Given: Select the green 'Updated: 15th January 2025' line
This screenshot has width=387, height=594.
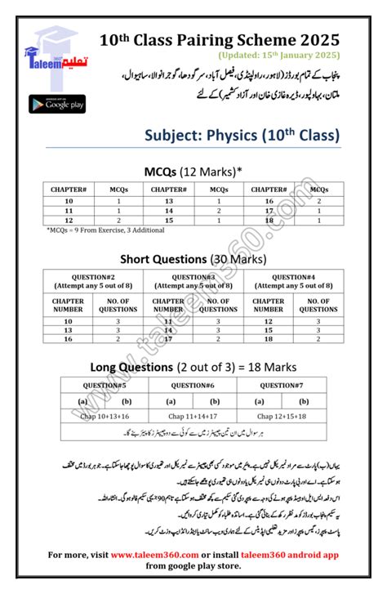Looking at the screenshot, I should [278, 55].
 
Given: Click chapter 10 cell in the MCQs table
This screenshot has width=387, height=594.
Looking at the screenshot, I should [69, 201].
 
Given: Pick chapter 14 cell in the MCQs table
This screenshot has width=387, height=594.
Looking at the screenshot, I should [168, 211].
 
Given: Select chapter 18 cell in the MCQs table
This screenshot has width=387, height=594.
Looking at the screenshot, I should [269, 221].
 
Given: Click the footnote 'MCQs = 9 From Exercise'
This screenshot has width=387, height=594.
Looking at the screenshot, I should [105, 231].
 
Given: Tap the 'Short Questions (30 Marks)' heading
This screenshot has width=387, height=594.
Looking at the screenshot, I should [194, 259].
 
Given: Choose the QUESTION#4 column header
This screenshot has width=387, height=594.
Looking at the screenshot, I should [293, 283].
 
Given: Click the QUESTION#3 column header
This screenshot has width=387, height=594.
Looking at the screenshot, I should [193, 283].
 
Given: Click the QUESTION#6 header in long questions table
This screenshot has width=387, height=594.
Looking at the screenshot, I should [193, 385].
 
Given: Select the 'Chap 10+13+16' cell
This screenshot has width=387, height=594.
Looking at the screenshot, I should [94, 416].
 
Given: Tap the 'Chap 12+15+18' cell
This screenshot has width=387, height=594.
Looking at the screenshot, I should [293, 416].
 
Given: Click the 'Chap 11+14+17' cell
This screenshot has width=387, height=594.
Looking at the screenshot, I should [193, 416].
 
